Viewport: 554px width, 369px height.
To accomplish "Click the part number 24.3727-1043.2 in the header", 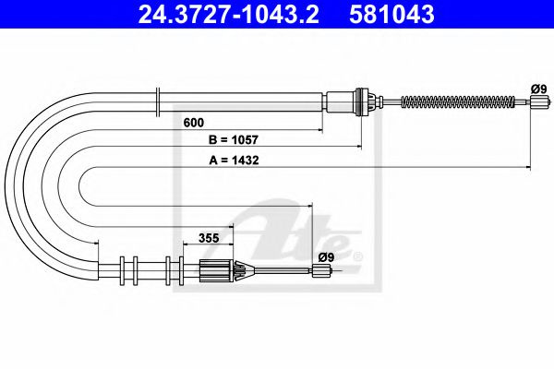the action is point(229,15).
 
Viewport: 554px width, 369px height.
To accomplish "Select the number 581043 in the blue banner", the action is point(391,15).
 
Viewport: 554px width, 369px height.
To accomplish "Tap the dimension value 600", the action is point(194,123).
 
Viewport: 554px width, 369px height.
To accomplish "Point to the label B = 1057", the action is point(234,140).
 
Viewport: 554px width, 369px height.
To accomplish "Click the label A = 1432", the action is point(234,161).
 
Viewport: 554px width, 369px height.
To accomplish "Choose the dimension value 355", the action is point(209,238).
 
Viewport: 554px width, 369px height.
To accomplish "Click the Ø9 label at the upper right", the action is point(539,89).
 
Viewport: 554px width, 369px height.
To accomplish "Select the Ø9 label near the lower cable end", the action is point(326,257).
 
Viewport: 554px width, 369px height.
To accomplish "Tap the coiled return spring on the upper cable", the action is point(458,102).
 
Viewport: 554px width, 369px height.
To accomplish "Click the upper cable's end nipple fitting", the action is point(540,102).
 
